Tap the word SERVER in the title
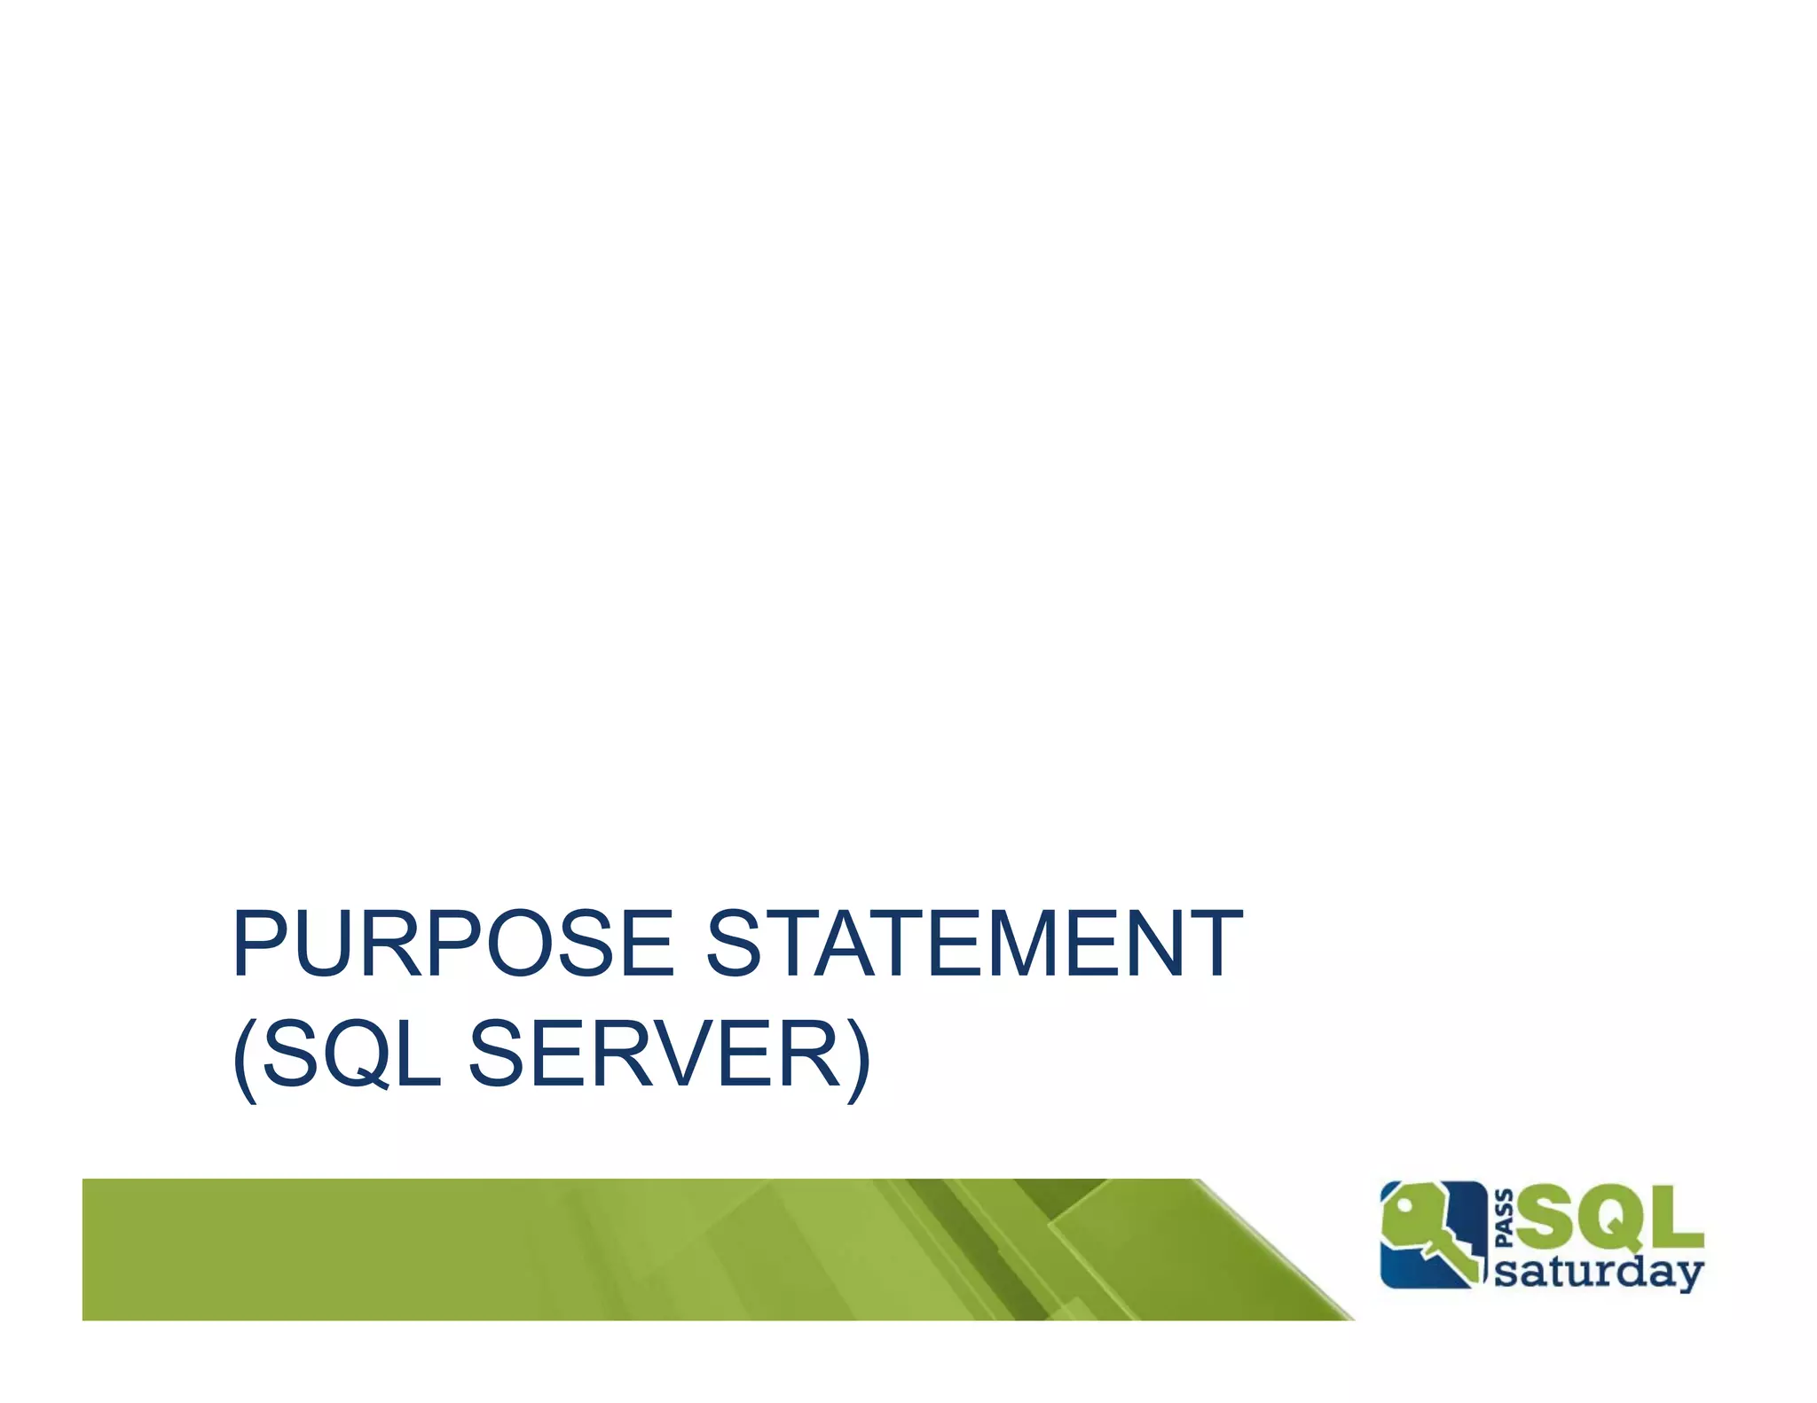654,1054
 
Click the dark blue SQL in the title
351,1054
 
